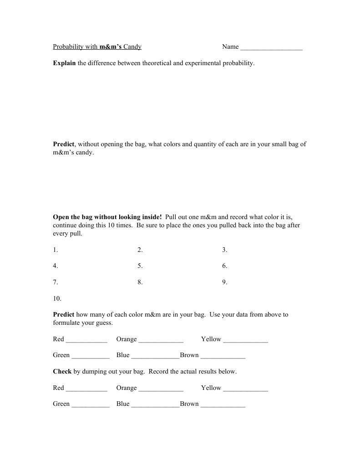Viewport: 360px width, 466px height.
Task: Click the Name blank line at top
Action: [x=271, y=47]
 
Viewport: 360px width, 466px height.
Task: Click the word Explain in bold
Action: [x=64, y=63]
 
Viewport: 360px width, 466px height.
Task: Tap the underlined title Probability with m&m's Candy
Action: [x=97, y=46]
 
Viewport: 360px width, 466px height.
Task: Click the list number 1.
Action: [x=55, y=250]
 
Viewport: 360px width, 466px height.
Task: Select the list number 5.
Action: [x=140, y=266]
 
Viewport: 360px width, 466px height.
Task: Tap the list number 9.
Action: [x=224, y=282]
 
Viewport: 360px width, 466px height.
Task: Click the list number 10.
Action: [x=57, y=299]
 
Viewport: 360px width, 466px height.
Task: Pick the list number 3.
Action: [x=224, y=250]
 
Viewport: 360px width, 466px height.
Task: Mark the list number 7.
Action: [x=55, y=282]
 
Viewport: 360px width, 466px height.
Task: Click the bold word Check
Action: [x=62, y=371]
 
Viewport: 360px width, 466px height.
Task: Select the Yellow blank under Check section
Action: [x=246, y=389]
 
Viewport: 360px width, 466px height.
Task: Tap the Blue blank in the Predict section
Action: [x=155, y=356]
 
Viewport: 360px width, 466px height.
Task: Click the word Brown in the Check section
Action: [x=189, y=404]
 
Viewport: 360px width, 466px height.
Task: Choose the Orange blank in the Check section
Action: [x=161, y=389]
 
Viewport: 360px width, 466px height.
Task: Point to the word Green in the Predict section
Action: [x=61, y=355]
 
